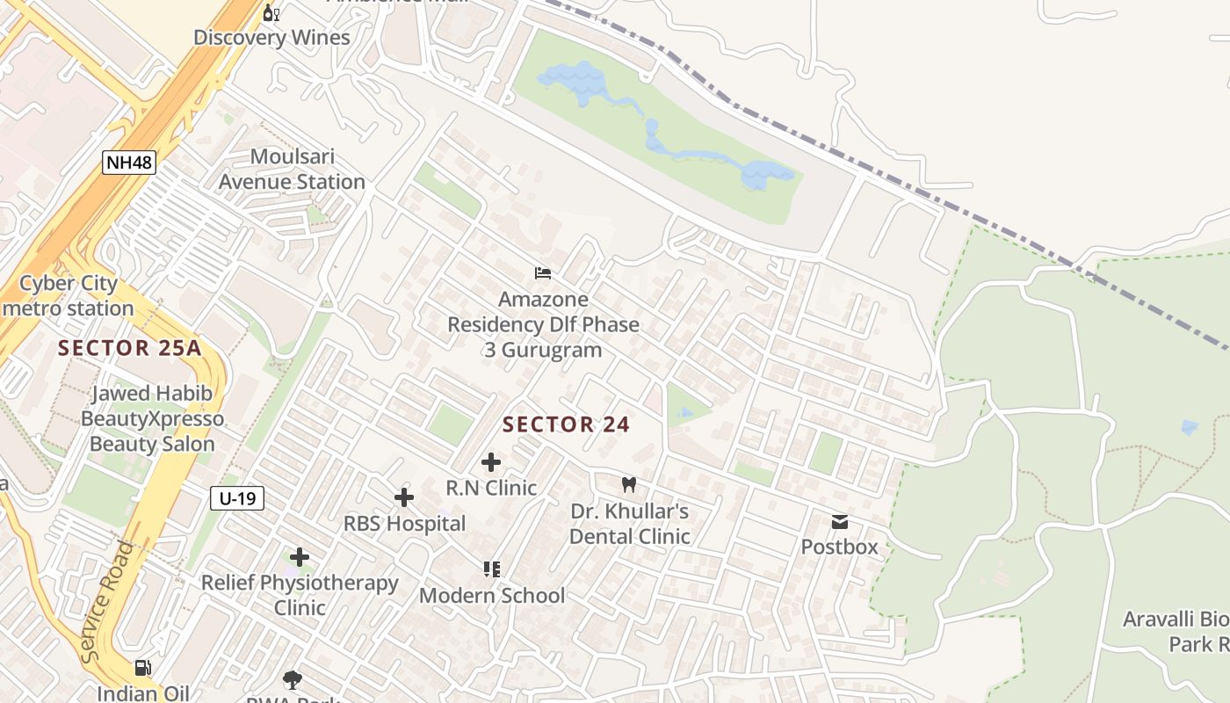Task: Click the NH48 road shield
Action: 129,162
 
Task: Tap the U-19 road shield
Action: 237,498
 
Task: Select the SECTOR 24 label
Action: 566,424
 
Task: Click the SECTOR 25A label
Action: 130,348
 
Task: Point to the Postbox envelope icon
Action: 840,522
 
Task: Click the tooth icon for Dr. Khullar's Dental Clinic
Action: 628,484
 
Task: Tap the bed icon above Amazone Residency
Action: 543,273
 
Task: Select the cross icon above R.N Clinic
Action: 491,462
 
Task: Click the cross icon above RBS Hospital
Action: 404,498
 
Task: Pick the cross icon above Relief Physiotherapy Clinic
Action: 300,557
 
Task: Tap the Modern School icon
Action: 492,569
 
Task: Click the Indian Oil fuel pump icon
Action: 143,668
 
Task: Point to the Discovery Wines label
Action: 271,38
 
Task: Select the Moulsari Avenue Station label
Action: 292,170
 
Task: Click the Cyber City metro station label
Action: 69,296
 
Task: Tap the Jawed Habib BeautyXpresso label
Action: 152,418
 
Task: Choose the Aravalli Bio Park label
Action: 1176,632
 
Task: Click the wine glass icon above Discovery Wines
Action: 271,12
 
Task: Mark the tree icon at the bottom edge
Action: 293,679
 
